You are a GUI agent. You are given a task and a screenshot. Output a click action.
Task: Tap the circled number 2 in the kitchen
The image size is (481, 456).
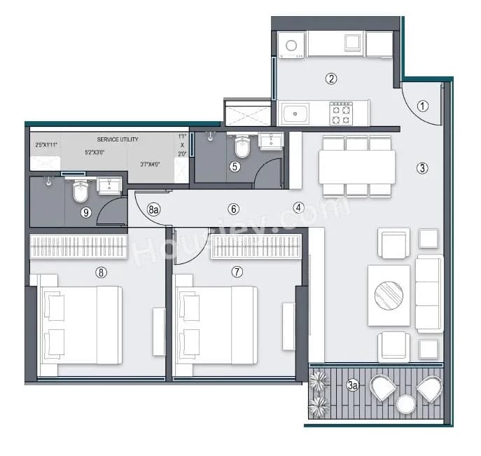pyautogui.click(x=331, y=79)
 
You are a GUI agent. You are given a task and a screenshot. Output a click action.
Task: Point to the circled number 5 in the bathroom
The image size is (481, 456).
pyautogui.click(x=235, y=167)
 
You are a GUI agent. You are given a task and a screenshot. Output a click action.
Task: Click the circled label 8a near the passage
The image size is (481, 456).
pyautogui.click(x=155, y=209)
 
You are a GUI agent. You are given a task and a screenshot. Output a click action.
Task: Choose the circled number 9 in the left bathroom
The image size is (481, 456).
pyautogui.click(x=86, y=213)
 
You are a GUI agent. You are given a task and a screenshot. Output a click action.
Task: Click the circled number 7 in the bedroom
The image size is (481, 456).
pyautogui.click(x=237, y=272)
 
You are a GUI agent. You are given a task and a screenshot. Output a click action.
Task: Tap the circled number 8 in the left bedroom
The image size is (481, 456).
pyautogui.click(x=102, y=272)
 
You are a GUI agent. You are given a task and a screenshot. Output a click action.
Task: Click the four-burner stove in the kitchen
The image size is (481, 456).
pyautogui.click(x=341, y=113)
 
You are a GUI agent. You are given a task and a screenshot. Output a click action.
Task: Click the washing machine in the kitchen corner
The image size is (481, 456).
pyautogui.click(x=291, y=46)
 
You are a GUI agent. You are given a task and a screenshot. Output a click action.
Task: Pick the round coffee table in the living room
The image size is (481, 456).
pyautogui.click(x=389, y=295)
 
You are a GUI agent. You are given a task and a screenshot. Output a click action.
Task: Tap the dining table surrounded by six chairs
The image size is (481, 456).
pyautogui.click(x=356, y=167)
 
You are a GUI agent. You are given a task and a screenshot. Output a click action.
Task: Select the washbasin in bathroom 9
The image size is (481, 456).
pyautogui.click(x=109, y=185)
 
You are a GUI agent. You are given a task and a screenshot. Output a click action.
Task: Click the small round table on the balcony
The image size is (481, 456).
pyautogui.click(x=405, y=404)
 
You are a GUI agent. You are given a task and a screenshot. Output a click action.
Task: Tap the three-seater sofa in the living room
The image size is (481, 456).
pyautogui.click(x=428, y=293)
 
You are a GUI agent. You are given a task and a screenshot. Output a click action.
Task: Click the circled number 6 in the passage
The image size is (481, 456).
pyautogui.click(x=234, y=209)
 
